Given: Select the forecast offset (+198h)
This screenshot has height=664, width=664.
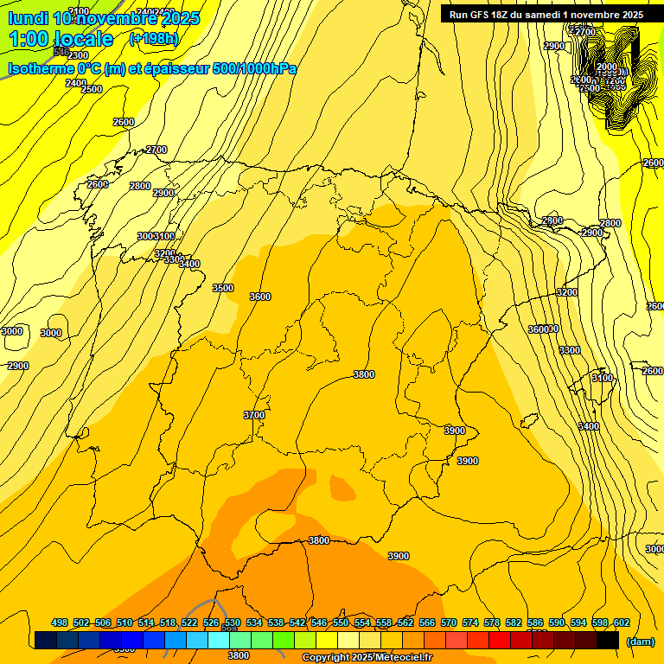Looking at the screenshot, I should [153, 39].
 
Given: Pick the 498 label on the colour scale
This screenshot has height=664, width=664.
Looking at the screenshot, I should [60, 623].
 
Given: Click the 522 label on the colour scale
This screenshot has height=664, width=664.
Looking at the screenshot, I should [189, 623].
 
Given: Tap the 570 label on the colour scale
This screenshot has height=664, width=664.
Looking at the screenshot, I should [449, 623].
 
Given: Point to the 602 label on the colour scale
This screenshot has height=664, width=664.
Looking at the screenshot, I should [621, 623].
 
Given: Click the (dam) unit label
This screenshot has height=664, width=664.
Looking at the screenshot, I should [640, 642].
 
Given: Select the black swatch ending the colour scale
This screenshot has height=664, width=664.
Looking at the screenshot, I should [608, 641].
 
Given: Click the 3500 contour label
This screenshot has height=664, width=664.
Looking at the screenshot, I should [223, 288].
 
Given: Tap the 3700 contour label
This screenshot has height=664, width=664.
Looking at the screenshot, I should [254, 415].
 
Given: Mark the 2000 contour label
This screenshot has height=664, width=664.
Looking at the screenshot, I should [608, 67].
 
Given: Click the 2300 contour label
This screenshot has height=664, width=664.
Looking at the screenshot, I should [79, 55].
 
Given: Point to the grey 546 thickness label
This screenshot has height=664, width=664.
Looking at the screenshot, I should [61, 52].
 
